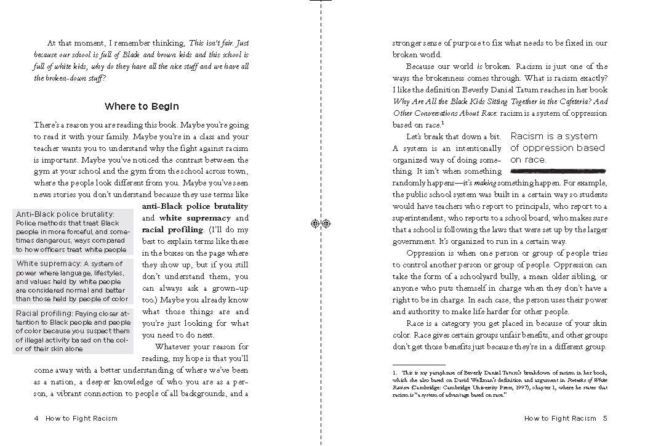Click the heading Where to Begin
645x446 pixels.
pos(142,107)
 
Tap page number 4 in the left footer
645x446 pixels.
pos(37,418)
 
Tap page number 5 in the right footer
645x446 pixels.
pos(605,418)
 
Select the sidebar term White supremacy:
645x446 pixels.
pos(49,264)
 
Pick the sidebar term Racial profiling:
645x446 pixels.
pos(47,314)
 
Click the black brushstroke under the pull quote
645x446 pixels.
pos(558,168)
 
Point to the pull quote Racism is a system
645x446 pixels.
pos(554,136)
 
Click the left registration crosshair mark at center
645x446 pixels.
pos(315,224)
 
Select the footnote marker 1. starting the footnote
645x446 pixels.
pos(395,373)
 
